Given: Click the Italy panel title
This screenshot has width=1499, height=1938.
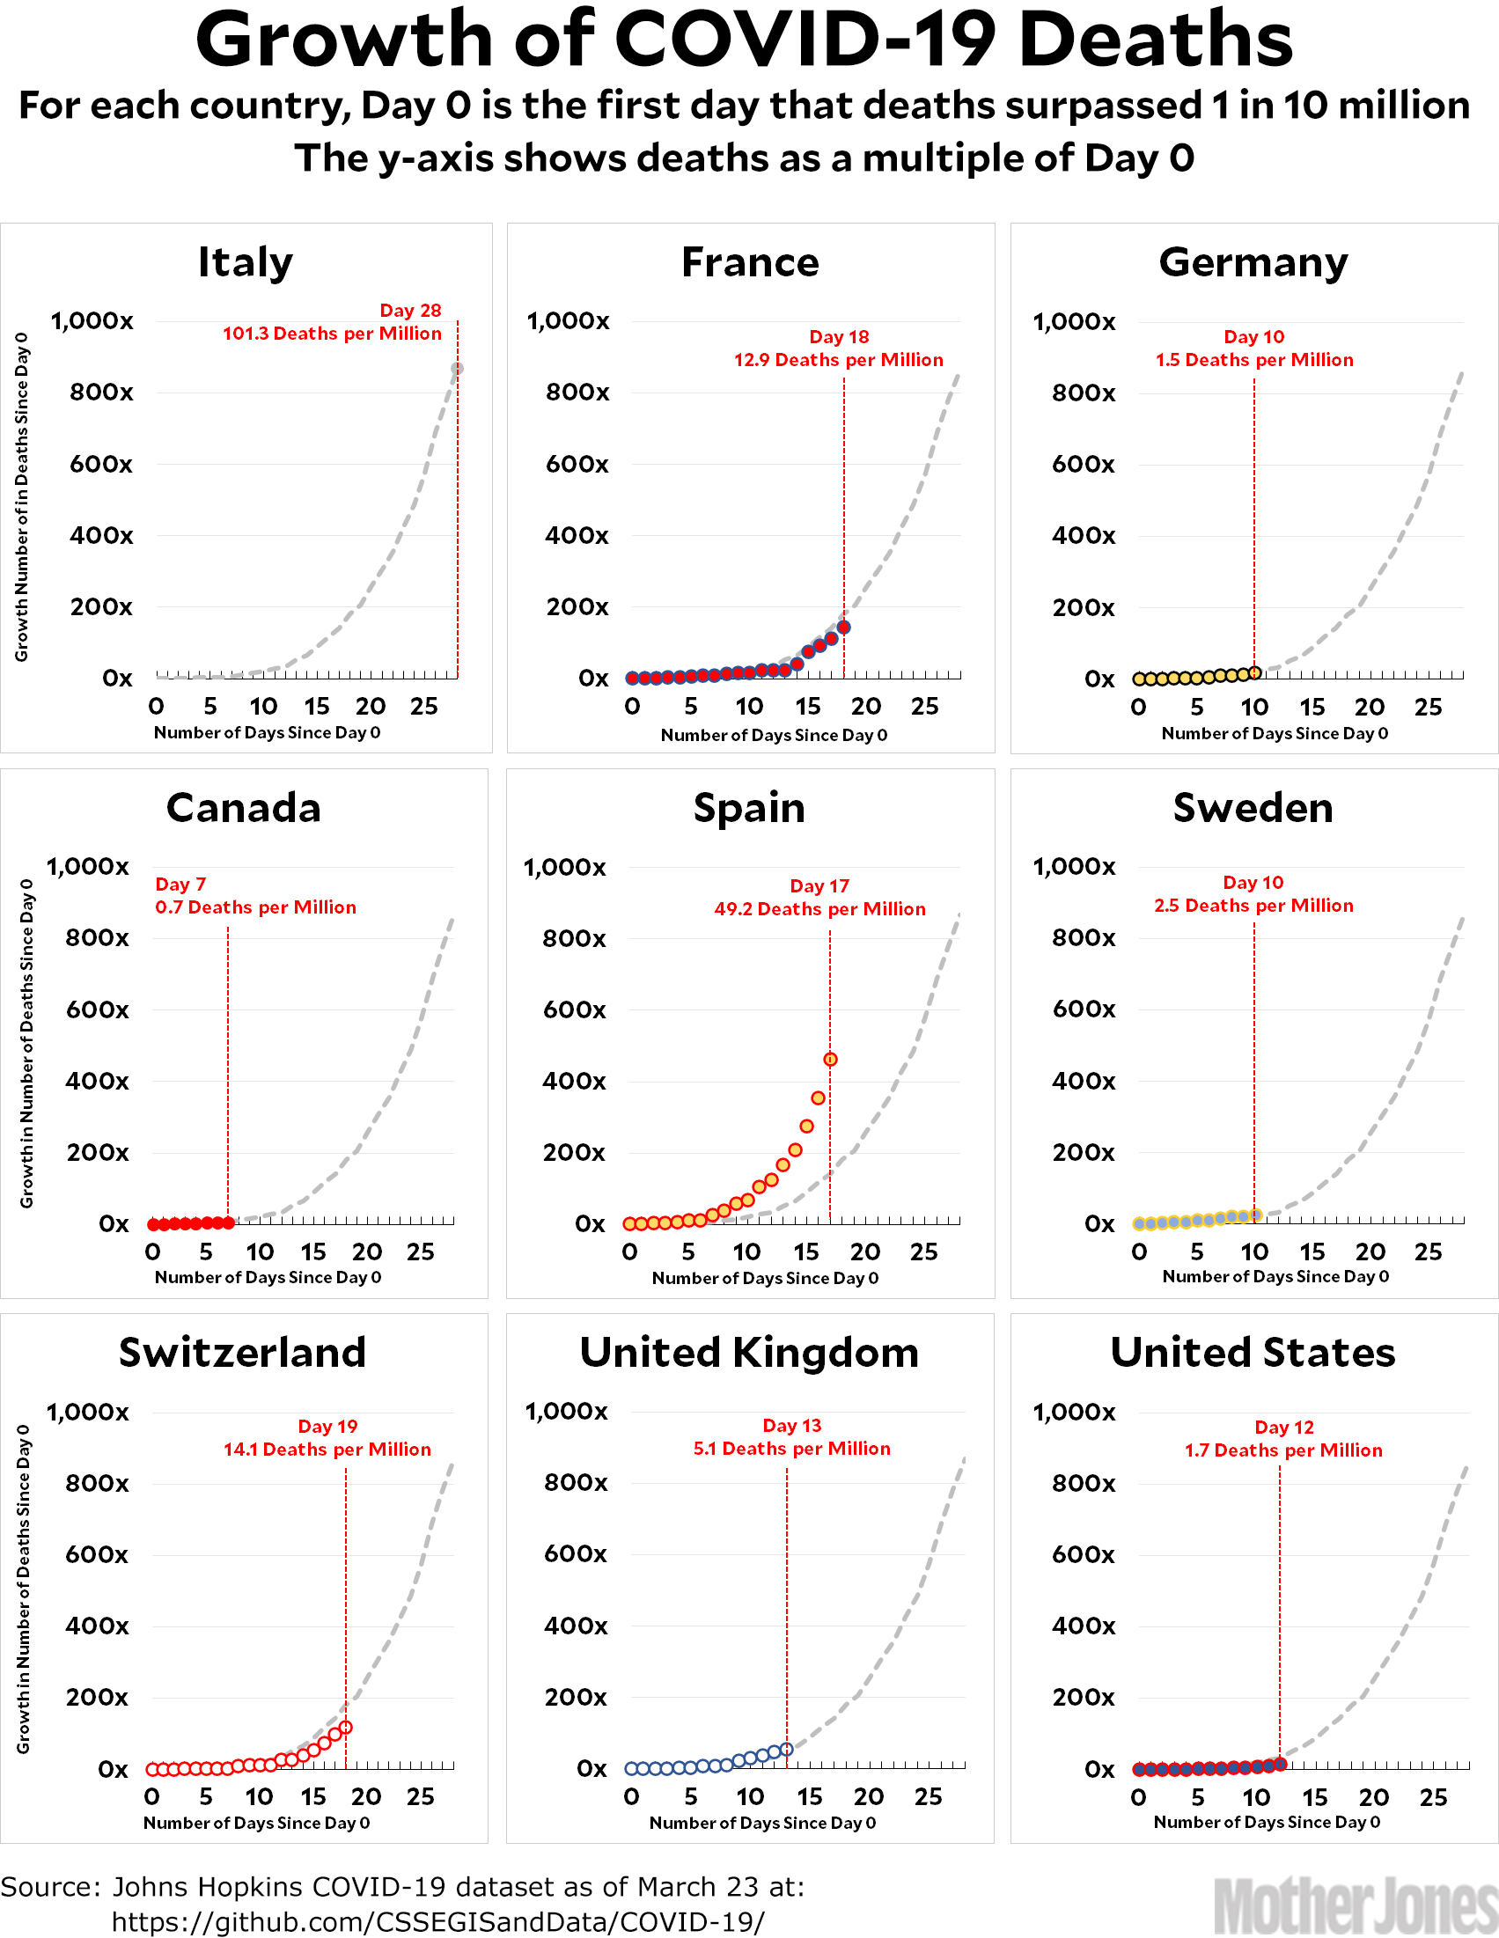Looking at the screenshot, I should [245, 262].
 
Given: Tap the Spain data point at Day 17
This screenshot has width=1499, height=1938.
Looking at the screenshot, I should [830, 1060].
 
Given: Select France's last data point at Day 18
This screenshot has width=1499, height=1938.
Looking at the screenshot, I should [844, 628].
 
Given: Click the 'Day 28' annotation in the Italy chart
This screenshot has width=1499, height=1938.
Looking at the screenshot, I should [410, 311].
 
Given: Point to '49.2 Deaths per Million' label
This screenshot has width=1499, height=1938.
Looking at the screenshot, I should [819, 908].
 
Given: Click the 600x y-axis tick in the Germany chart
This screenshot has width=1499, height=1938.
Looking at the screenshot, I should [1083, 464].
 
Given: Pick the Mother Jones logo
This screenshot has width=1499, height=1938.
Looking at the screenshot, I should [1355, 1905].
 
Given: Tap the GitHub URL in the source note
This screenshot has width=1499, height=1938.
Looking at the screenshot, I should [437, 1921].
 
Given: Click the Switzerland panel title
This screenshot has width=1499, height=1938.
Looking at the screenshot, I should [242, 1353].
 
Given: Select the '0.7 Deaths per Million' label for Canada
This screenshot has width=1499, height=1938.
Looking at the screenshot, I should [255, 907].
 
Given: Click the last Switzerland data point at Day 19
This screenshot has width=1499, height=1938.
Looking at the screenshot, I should [346, 1727].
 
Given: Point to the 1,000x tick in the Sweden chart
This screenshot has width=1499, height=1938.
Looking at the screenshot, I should [1073, 866].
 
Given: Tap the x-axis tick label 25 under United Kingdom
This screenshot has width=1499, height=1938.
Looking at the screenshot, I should [928, 1797].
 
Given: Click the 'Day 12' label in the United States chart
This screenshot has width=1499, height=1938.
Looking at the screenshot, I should [1283, 1427].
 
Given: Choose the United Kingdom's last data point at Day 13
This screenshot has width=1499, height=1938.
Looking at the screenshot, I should [786, 1749].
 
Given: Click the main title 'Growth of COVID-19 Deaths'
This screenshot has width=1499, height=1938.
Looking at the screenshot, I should [744, 40].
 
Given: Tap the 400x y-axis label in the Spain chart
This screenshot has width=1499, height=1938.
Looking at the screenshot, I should [574, 1081].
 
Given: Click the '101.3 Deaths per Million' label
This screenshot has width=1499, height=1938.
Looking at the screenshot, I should [331, 334].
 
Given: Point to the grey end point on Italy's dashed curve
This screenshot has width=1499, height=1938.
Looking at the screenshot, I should [457, 369].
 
